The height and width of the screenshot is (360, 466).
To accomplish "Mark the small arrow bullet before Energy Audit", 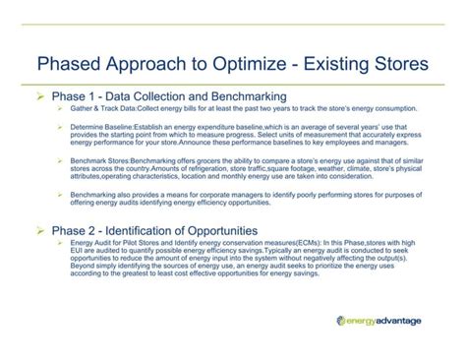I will tap(60, 241).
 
